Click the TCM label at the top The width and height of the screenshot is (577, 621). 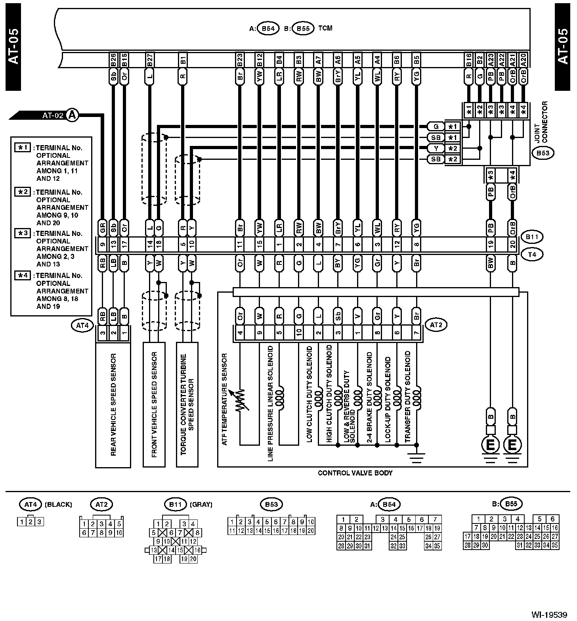pyautogui.click(x=325, y=28)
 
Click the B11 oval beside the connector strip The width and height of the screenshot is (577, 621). pyautogui.click(x=532, y=237)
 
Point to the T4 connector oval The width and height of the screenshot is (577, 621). pyautogui.click(x=532, y=255)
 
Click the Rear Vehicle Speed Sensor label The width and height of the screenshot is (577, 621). pyautogui.click(x=113, y=404)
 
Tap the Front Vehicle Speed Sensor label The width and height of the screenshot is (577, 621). pyautogui.click(x=154, y=404)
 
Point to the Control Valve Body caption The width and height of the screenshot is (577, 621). pyautogui.click(x=355, y=473)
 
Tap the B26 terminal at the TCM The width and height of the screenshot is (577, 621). pyautogui.click(x=113, y=61)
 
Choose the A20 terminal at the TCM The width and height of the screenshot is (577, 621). pyautogui.click(x=524, y=61)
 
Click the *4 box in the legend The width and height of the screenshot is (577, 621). pyautogui.click(x=22, y=275)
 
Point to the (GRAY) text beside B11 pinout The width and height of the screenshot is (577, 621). pyautogui.click(x=201, y=504)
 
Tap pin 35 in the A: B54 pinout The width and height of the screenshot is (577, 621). pyautogui.click(x=437, y=546)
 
